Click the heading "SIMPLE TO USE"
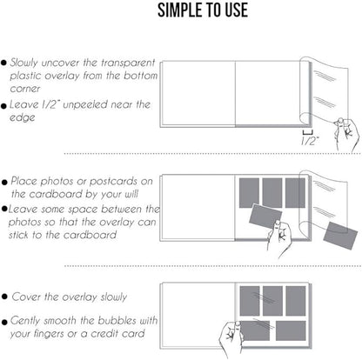(203, 10)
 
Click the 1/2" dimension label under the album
(310, 141)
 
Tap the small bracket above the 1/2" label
(307, 133)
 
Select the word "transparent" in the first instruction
(128, 63)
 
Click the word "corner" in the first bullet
(25, 89)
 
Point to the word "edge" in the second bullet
(23, 117)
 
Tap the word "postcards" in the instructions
(113, 182)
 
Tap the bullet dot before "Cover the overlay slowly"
(4, 297)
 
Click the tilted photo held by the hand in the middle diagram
(265, 216)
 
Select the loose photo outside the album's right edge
(340, 236)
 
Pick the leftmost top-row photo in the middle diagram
(249, 193)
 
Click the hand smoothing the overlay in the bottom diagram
(231, 338)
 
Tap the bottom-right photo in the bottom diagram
(291, 330)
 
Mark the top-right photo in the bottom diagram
(296, 301)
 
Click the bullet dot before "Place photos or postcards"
(4, 183)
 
